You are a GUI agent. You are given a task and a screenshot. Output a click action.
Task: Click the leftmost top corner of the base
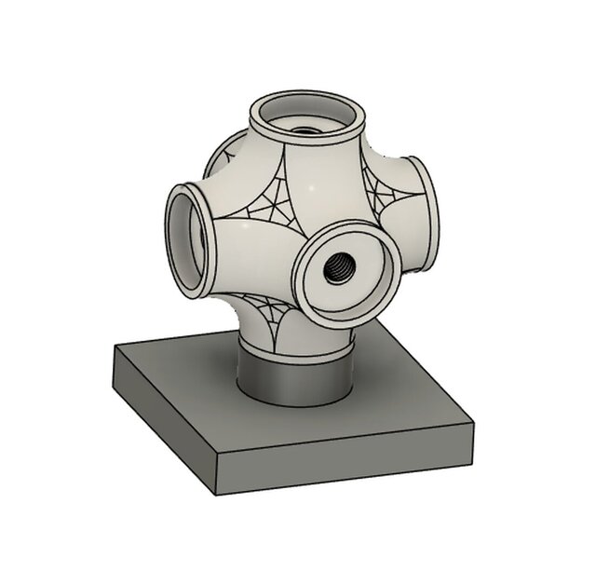pos(114,347)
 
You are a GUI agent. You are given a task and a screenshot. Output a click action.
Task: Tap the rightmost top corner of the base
pos(465,420)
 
